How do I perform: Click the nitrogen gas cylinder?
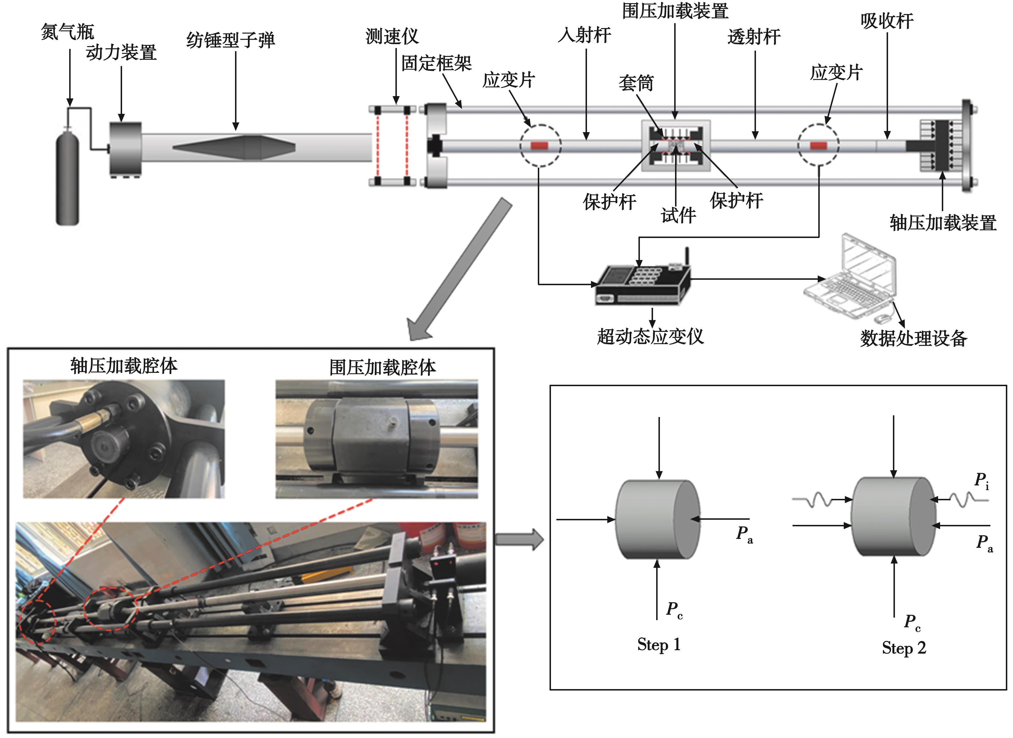point(67,176)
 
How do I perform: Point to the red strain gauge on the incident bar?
point(540,145)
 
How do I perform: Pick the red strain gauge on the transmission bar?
point(818,145)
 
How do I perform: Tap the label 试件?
point(678,216)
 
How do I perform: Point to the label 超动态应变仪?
point(650,336)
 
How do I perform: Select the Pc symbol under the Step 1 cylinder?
point(674,610)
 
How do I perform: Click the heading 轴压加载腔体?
point(124,366)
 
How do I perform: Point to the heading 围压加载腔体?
point(382,368)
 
